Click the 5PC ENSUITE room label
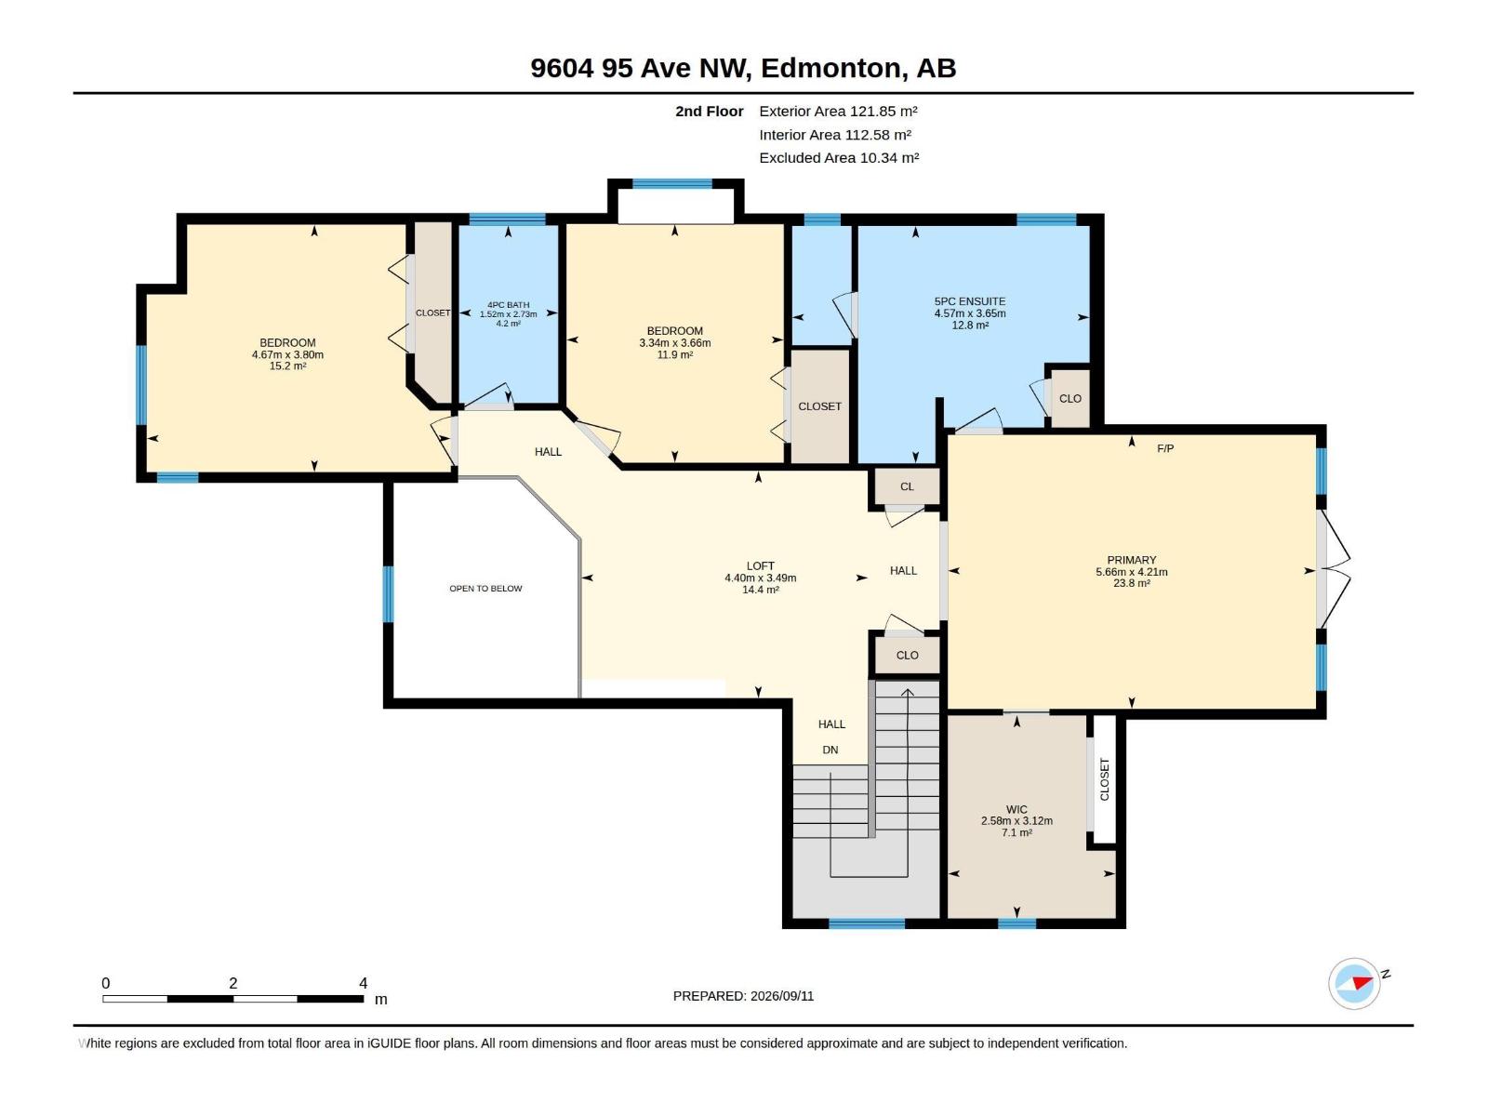click(x=969, y=301)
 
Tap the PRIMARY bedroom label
click(x=1131, y=560)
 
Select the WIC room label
click(x=1016, y=809)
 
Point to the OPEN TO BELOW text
click(x=485, y=588)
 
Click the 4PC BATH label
click(x=508, y=305)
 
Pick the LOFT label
click(x=760, y=565)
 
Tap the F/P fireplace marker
click(x=1164, y=448)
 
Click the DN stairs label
click(x=830, y=750)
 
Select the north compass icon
click(x=1354, y=983)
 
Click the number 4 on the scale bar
click(x=363, y=982)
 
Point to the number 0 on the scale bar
click(x=106, y=982)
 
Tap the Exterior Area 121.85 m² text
click(x=838, y=111)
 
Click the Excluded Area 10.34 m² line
click(x=839, y=158)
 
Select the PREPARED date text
click(x=743, y=996)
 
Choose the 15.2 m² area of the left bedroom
click(x=287, y=365)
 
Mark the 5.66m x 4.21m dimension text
click(x=1131, y=572)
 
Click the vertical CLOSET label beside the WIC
click(x=1104, y=779)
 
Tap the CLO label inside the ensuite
click(x=1069, y=398)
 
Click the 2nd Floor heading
click(x=709, y=111)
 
